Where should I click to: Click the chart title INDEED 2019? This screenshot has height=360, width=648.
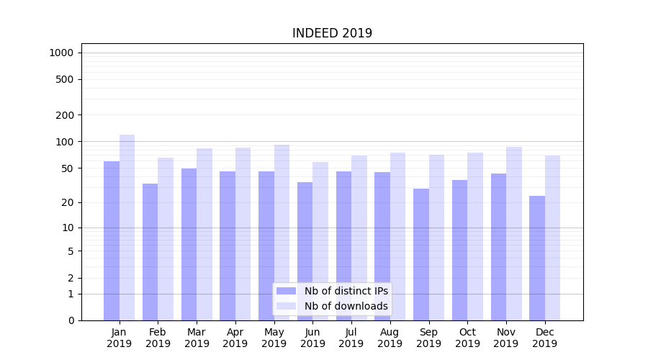(332, 34)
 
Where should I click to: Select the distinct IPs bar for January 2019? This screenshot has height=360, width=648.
(112, 240)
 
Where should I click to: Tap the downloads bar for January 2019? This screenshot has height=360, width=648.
(127, 228)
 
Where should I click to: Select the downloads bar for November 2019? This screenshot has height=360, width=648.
(514, 233)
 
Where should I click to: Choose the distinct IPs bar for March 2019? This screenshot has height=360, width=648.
(189, 244)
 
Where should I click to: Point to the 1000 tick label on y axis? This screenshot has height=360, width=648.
(61, 53)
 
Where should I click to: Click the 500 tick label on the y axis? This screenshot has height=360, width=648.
(65, 79)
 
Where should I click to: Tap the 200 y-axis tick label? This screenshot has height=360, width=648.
(65, 115)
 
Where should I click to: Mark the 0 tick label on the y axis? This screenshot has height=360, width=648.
(71, 320)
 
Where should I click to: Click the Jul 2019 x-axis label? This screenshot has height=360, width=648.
(351, 338)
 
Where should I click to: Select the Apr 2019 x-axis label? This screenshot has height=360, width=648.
(235, 338)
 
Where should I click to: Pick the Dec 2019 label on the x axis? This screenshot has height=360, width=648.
(544, 338)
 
